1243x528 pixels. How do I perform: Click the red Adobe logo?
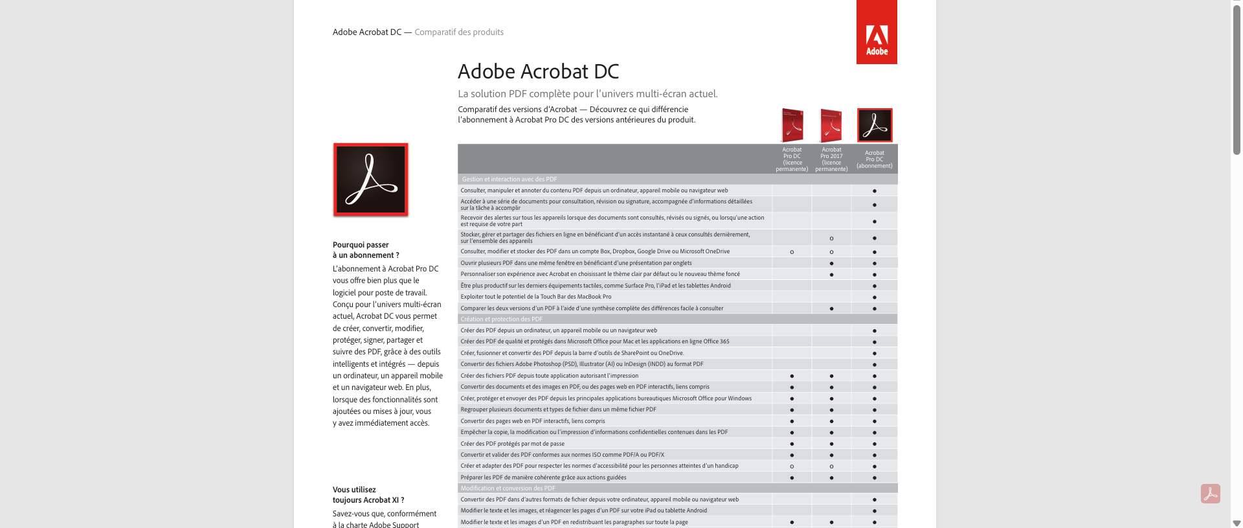pyautogui.click(x=877, y=33)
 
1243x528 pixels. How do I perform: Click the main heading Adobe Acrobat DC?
pyautogui.click(x=538, y=71)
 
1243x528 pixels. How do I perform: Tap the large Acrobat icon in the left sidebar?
pyautogui.click(x=370, y=179)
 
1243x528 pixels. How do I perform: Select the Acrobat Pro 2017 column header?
pyautogui.click(x=831, y=159)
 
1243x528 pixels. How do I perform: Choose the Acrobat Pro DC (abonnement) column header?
pyautogui.click(x=874, y=159)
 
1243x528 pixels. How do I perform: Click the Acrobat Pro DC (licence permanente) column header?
pyautogui.click(x=792, y=159)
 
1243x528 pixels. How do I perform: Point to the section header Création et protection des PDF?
pyautogui.click(x=502, y=319)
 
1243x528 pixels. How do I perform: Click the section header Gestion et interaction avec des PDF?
pyautogui.click(x=509, y=179)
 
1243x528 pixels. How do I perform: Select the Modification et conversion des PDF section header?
pyautogui.click(x=508, y=488)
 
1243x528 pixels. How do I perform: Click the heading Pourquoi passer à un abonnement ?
pyautogui.click(x=366, y=250)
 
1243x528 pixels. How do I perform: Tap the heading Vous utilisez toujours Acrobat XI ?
pyautogui.click(x=368, y=495)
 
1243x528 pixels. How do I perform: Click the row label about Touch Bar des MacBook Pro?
pyautogui.click(x=535, y=297)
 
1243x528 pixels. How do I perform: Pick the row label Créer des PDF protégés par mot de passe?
pyautogui.click(x=512, y=444)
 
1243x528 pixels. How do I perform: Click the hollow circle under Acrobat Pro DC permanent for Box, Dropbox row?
pyautogui.click(x=792, y=252)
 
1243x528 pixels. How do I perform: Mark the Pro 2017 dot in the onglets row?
pyautogui.click(x=831, y=264)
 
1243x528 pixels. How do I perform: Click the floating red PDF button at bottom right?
pyautogui.click(x=1210, y=494)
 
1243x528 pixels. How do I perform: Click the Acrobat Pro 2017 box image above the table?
pyautogui.click(x=831, y=125)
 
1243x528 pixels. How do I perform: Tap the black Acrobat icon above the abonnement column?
pyautogui.click(x=875, y=125)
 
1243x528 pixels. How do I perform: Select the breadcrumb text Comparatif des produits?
pyautogui.click(x=459, y=32)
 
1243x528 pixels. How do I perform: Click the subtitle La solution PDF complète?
pyautogui.click(x=587, y=94)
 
